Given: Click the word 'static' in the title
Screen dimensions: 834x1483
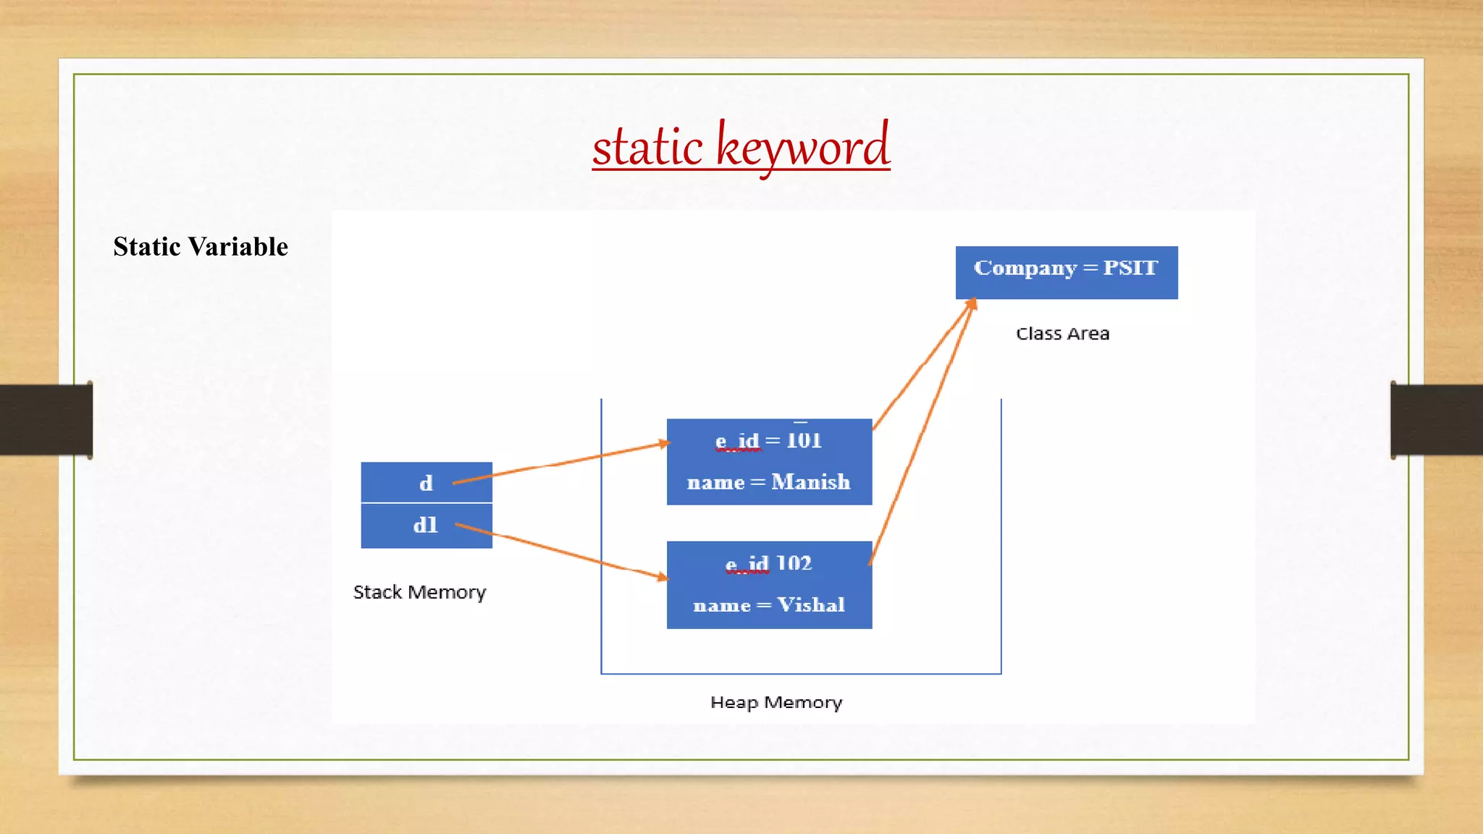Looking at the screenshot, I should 647,147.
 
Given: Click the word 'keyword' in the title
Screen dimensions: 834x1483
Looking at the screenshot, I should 802,147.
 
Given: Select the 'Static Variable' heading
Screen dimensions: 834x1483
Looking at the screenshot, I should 201,247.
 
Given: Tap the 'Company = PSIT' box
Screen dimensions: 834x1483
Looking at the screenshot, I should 1066,272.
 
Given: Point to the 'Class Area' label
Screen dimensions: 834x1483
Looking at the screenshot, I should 1062,334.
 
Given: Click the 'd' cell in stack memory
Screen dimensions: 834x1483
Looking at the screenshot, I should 426,483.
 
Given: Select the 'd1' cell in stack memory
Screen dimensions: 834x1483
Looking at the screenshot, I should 426,526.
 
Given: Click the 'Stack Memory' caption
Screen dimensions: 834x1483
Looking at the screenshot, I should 419,592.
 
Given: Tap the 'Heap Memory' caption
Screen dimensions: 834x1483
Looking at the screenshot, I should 776,702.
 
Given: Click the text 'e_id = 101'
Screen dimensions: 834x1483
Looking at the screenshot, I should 768,441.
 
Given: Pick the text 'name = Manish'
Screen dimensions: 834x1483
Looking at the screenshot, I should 768,482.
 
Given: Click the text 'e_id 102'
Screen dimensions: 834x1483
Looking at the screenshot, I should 768,564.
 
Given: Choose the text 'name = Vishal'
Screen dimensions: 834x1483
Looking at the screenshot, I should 768,605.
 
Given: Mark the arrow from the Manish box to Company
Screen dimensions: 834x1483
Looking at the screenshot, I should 923,364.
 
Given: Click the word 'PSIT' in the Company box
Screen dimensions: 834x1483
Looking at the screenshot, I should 1130,268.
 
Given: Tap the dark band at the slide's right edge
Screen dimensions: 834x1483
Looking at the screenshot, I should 1437,420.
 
